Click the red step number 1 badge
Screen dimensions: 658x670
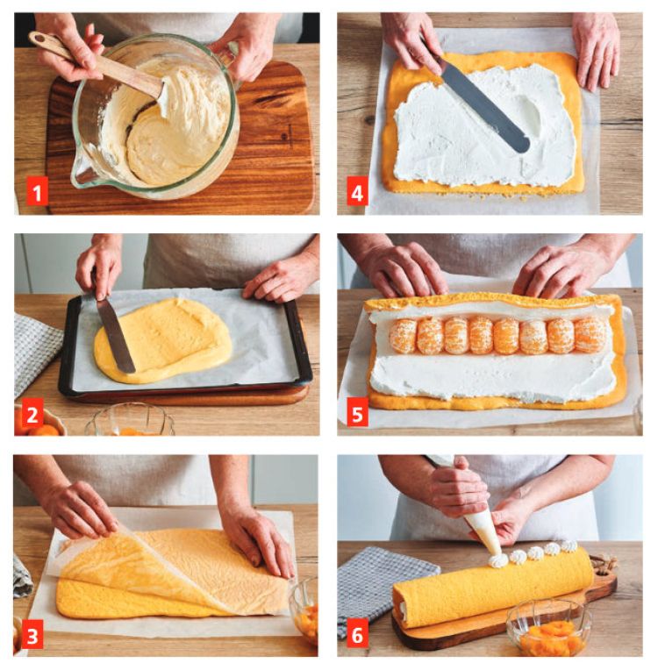(x=37, y=193)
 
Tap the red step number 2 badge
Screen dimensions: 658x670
(x=32, y=414)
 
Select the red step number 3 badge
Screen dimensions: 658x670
(x=32, y=637)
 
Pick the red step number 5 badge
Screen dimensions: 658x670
(x=357, y=414)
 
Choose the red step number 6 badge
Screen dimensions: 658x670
(x=357, y=636)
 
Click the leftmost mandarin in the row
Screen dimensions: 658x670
(x=403, y=335)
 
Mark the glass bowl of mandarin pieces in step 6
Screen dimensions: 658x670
(x=549, y=627)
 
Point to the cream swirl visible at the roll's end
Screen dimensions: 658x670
(x=402, y=608)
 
